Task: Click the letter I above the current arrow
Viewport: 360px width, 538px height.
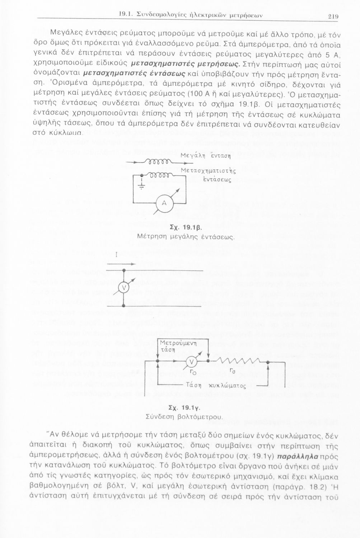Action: click(117, 256)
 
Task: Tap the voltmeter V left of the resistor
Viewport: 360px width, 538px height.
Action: click(192, 361)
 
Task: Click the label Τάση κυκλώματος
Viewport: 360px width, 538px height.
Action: click(217, 386)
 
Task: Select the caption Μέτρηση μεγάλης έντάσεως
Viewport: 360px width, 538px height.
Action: click(186, 237)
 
